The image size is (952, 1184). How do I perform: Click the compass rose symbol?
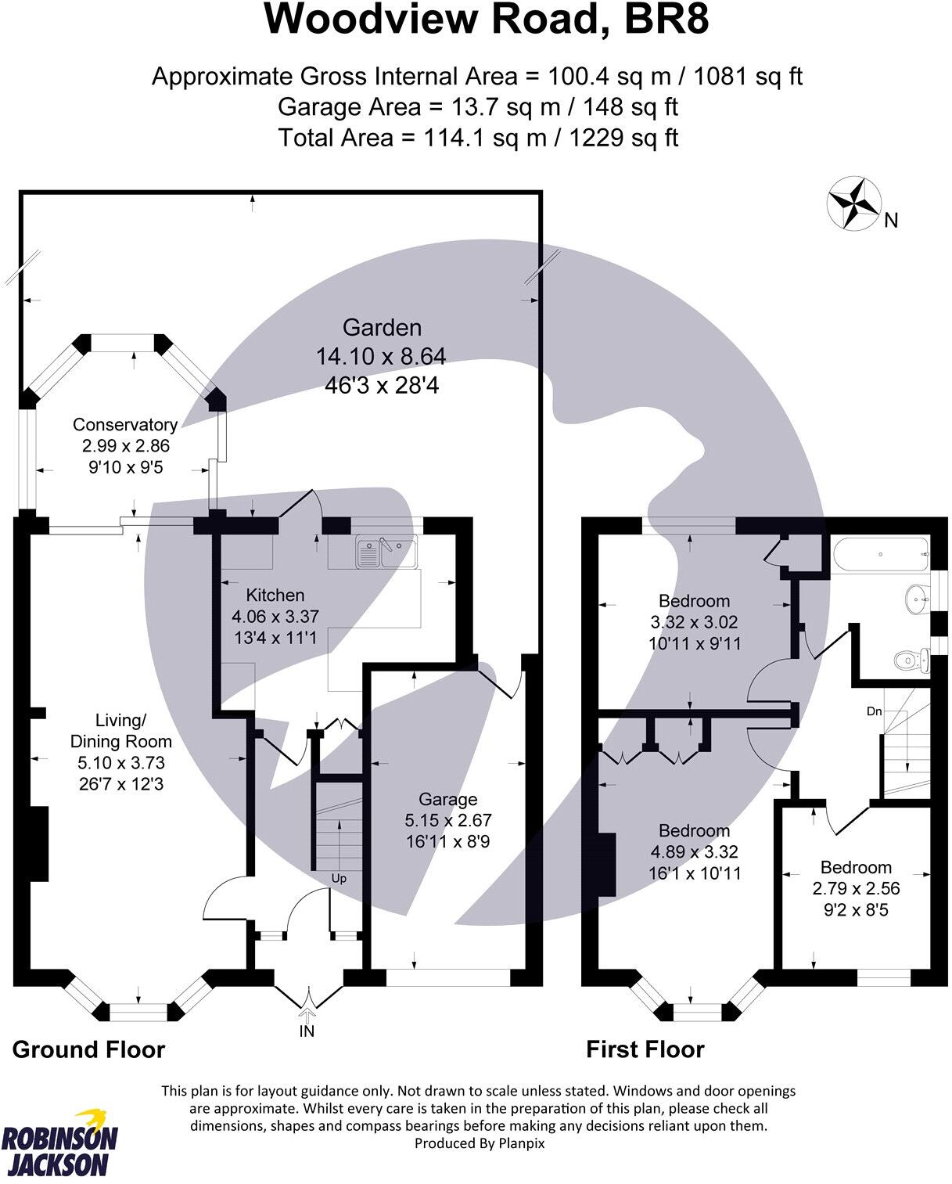[x=852, y=203]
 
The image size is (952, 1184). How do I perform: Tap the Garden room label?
[x=382, y=328]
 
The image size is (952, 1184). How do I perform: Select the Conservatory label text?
[x=125, y=425]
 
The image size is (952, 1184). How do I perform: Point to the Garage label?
[x=447, y=799]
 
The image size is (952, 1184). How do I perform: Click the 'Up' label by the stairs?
[x=339, y=879]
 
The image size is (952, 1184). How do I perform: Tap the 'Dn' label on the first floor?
[x=874, y=711]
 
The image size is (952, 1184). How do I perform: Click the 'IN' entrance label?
[x=307, y=1031]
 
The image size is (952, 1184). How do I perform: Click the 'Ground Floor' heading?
[x=88, y=1049]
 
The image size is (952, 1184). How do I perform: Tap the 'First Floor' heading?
[x=645, y=1049]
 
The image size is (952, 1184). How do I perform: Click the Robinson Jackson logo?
[x=60, y=1143]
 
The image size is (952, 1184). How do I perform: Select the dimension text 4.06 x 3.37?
[x=275, y=617]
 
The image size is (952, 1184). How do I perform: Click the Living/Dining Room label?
[x=121, y=730]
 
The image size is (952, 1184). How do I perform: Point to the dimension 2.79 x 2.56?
[x=856, y=888]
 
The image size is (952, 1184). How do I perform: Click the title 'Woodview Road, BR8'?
[x=487, y=20]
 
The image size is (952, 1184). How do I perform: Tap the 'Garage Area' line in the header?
[x=477, y=106]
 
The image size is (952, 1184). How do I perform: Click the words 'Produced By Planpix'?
[x=479, y=1143]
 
